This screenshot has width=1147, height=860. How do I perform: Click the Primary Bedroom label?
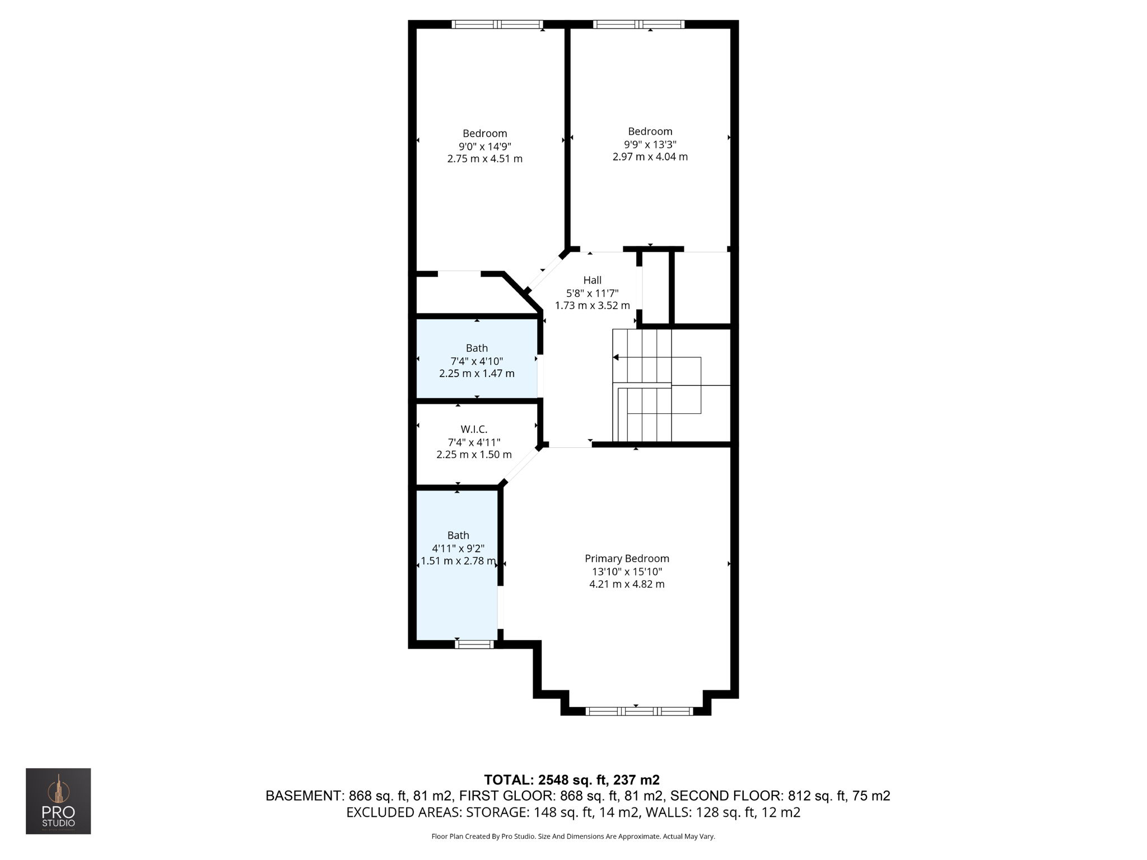[x=627, y=558]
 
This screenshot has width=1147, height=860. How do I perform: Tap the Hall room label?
[x=592, y=280]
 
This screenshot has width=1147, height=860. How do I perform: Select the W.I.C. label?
[x=474, y=429]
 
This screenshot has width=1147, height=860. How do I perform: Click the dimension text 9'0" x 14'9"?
[x=484, y=146]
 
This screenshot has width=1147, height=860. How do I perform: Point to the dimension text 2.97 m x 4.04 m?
[x=650, y=157]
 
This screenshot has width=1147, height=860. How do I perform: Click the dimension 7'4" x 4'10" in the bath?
[x=477, y=361]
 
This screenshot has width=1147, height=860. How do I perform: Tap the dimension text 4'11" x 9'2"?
[x=458, y=548]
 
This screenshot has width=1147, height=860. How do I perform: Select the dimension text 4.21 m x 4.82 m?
[x=627, y=584]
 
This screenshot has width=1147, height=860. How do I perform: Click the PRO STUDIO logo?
[x=58, y=801]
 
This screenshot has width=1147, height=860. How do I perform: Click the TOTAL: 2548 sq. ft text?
[x=571, y=779]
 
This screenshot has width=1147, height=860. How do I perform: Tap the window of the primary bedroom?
[x=639, y=711]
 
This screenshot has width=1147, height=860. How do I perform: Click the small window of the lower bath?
[x=474, y=644]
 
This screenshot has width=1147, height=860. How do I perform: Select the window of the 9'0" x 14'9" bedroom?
[x=497, y=24]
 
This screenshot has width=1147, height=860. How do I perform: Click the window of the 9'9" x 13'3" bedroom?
[x=638, y=24]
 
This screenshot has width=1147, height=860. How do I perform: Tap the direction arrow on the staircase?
[x=616, y=357]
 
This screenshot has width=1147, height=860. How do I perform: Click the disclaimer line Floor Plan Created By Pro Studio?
[x=573, y=836]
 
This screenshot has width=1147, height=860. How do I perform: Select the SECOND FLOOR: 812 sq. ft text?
[x=780, y=796]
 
